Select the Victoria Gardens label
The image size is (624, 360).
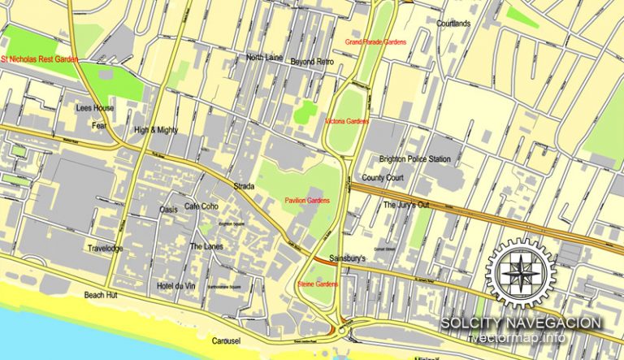pos(346,121)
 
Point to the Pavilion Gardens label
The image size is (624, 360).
pos(307,200)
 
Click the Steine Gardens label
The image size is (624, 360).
pos(318,284)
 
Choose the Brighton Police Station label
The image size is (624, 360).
pos(414,158)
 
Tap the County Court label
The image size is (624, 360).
pos(383,177)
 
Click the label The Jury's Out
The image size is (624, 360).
pos(405,205)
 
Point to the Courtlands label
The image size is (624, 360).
pos(453,24)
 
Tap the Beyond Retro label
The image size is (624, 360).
pos(312,62)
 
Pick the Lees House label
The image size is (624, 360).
pos(95,108)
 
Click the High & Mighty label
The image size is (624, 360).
pos(156,130)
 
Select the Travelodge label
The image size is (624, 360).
pos(105,248)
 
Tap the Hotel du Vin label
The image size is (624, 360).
pos(176,286)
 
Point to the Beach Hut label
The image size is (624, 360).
pos(101,296)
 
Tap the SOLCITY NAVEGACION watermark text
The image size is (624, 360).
pos(521,323)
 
